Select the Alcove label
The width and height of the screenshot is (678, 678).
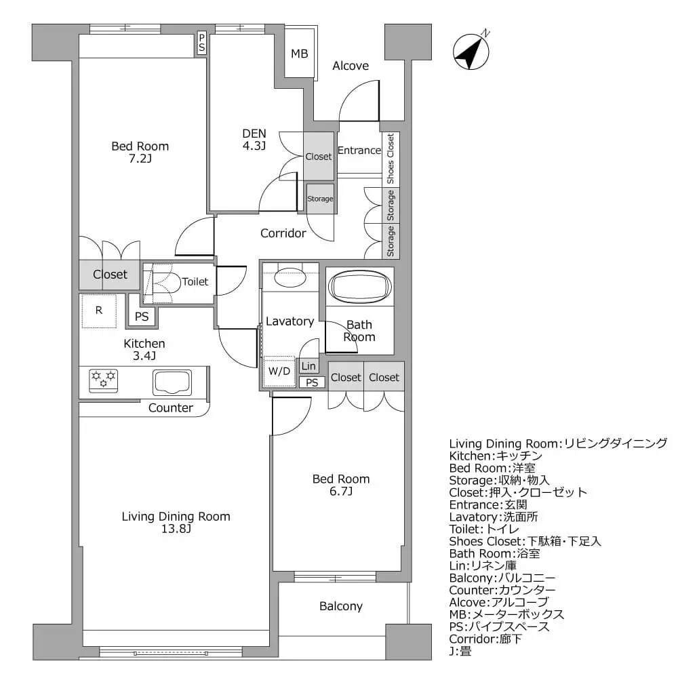[351, 66]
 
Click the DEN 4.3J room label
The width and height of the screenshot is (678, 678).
[254, 139]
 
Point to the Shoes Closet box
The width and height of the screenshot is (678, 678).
[391, 159]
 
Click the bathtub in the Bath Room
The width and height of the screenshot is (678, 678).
[359, 285]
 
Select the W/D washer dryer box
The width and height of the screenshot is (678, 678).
[279, 371]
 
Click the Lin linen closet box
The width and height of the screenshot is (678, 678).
[308, 366]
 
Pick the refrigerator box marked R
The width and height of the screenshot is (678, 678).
[99, 311]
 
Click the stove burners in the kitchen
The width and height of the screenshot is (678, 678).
[104, 379]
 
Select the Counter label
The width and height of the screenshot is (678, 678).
[171, 408]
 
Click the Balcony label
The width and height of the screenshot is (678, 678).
[341, 606]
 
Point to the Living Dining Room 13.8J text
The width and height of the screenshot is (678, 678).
[176, 523]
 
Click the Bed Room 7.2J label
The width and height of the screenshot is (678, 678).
[140, 153]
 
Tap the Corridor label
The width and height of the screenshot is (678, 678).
[283, 233]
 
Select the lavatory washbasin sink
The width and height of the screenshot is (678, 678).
[290, 276]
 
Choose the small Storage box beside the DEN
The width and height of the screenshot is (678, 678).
[320, 199]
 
